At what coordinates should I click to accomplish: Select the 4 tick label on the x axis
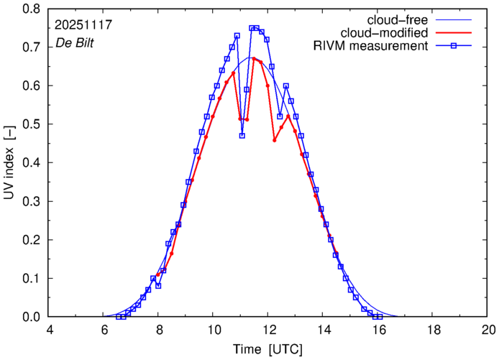(50, 330)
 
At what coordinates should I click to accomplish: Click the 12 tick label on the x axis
(269, 330)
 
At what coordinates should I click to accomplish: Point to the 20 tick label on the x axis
(488, 330)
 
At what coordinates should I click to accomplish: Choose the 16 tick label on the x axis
(379, 330)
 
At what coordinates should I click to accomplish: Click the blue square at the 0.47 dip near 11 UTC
(242, 136)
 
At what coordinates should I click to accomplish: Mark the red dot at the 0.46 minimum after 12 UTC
(275, 140)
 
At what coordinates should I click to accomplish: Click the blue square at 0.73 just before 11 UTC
(237, 35)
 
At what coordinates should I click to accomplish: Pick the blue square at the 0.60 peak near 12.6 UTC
(286, 86)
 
